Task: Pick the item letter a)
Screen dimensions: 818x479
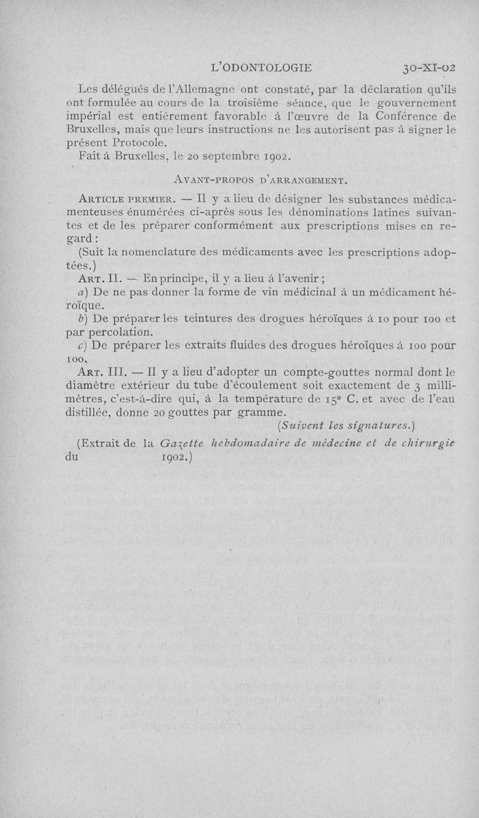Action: pyautogui.click(x=83, y=292)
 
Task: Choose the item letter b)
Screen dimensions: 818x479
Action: pyautogui.click(x=83, y=318)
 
